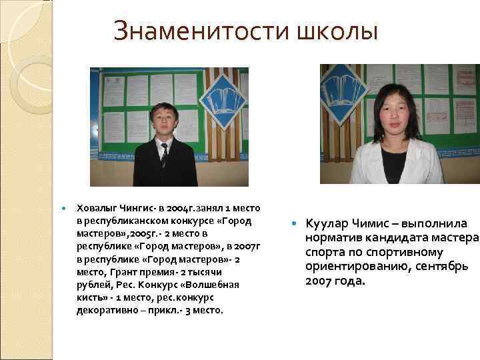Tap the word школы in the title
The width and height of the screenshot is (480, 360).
pyautogui.click(x=337, y=31)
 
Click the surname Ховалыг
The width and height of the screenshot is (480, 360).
pyautogui.click(x=95, y=209)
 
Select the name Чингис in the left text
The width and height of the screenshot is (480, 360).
pyautogui.click(x=135, y=209)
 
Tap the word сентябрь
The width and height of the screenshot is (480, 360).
pyautogui.click(x=441, y=267)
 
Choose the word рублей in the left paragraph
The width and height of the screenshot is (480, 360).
pyautogui.click(x=91, y=285)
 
